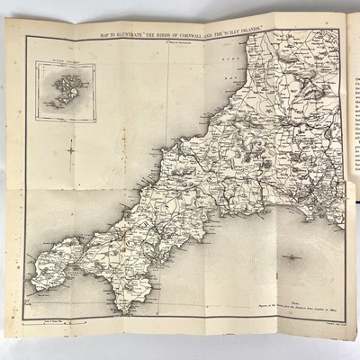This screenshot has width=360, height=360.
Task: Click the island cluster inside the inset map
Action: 62,89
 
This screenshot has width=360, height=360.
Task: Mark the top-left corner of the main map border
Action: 27,38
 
